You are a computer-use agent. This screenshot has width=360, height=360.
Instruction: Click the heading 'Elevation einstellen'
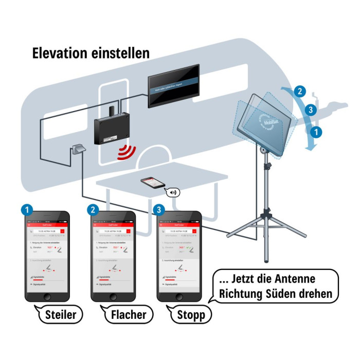[91, 53]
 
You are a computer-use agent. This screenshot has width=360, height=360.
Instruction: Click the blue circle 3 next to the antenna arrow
[310, 110]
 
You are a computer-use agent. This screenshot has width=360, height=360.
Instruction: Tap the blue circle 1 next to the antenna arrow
[318, 131]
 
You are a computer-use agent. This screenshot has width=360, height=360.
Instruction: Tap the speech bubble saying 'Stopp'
[190, 314]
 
